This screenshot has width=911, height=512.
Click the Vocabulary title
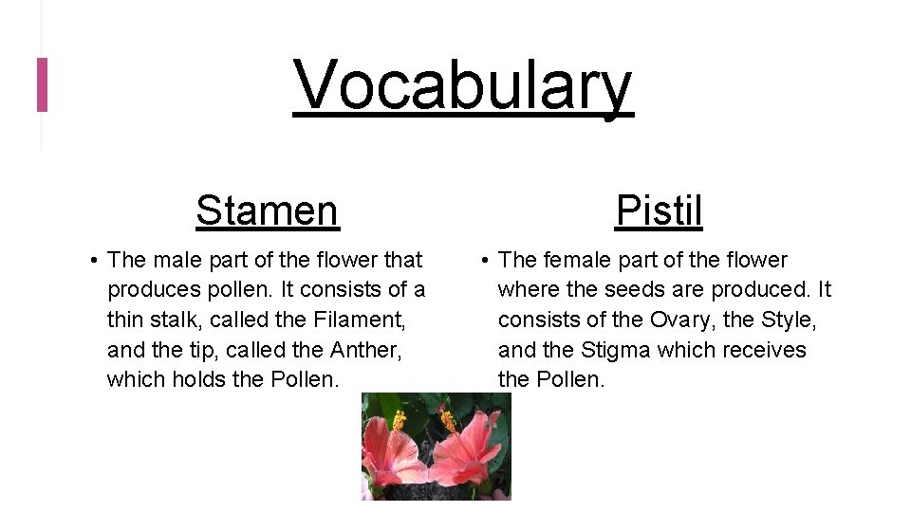[462, 85]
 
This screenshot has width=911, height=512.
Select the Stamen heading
[267, 210]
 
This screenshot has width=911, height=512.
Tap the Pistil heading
[659, 210]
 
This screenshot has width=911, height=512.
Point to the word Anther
[366, 350]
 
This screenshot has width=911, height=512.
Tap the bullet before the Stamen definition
[92, 261]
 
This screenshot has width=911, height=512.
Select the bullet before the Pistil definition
[483, 261]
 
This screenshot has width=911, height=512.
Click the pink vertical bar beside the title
[42, 84]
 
